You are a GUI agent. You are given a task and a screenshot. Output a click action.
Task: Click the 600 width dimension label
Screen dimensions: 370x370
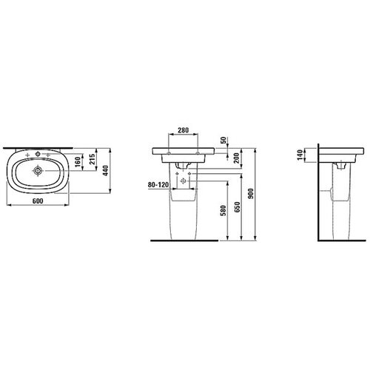point(38,201)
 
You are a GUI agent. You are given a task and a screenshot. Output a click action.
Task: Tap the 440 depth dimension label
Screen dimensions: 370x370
point(106,171)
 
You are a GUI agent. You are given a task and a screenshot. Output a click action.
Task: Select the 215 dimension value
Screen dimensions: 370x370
point(92,159)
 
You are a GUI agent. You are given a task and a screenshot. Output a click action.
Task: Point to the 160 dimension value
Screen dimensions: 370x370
point(78,162)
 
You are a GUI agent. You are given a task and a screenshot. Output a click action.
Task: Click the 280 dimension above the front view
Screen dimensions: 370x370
point(184,130)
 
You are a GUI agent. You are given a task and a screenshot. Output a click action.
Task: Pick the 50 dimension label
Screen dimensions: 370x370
point(223,140)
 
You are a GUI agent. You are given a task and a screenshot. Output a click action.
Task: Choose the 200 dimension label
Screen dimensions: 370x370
point(236,158)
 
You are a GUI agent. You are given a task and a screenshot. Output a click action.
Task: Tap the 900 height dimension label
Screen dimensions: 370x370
point(251,194)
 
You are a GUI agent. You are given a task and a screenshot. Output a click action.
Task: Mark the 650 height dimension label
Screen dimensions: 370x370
point(237,207)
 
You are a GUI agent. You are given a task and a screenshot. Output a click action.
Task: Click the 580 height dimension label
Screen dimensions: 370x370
point(223,210)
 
